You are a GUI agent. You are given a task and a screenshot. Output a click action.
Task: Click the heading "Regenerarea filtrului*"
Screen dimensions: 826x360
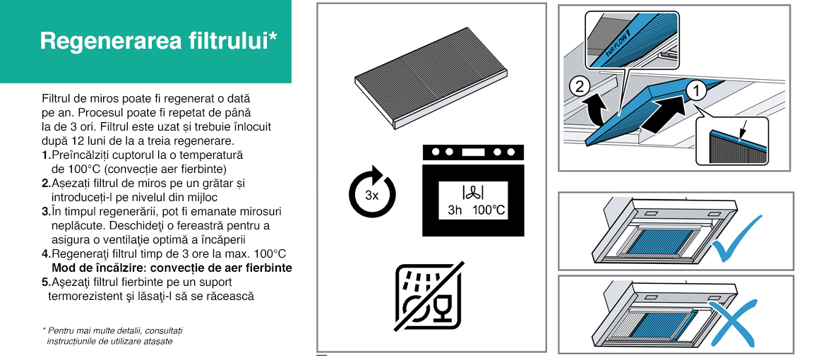(x=158, y=41)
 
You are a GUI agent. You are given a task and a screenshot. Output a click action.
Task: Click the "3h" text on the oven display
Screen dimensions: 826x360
(x=455, y=210)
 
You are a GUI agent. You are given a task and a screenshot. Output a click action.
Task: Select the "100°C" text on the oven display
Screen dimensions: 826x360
(x=489, y=210)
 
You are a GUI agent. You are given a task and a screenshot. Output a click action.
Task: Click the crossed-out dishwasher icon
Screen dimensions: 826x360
(x=429, y=296)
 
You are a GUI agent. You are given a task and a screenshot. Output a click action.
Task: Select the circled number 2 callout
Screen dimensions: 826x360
(x=579, y=87)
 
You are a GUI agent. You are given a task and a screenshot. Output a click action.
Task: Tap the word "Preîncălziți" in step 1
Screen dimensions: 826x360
(x=77, y=156)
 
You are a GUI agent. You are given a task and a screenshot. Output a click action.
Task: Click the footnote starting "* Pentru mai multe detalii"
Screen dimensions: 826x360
(x=112, y=336)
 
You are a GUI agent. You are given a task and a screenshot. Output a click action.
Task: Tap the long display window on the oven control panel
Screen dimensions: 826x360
(x=473, y=152)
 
